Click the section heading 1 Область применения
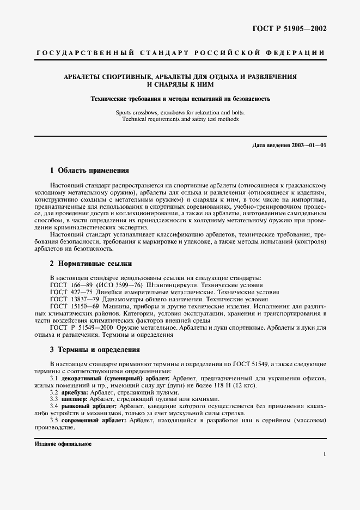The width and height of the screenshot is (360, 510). (89, 170)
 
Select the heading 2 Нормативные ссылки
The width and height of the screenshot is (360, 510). (91, 264)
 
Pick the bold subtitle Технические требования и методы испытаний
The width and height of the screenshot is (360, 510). (179, 99)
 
